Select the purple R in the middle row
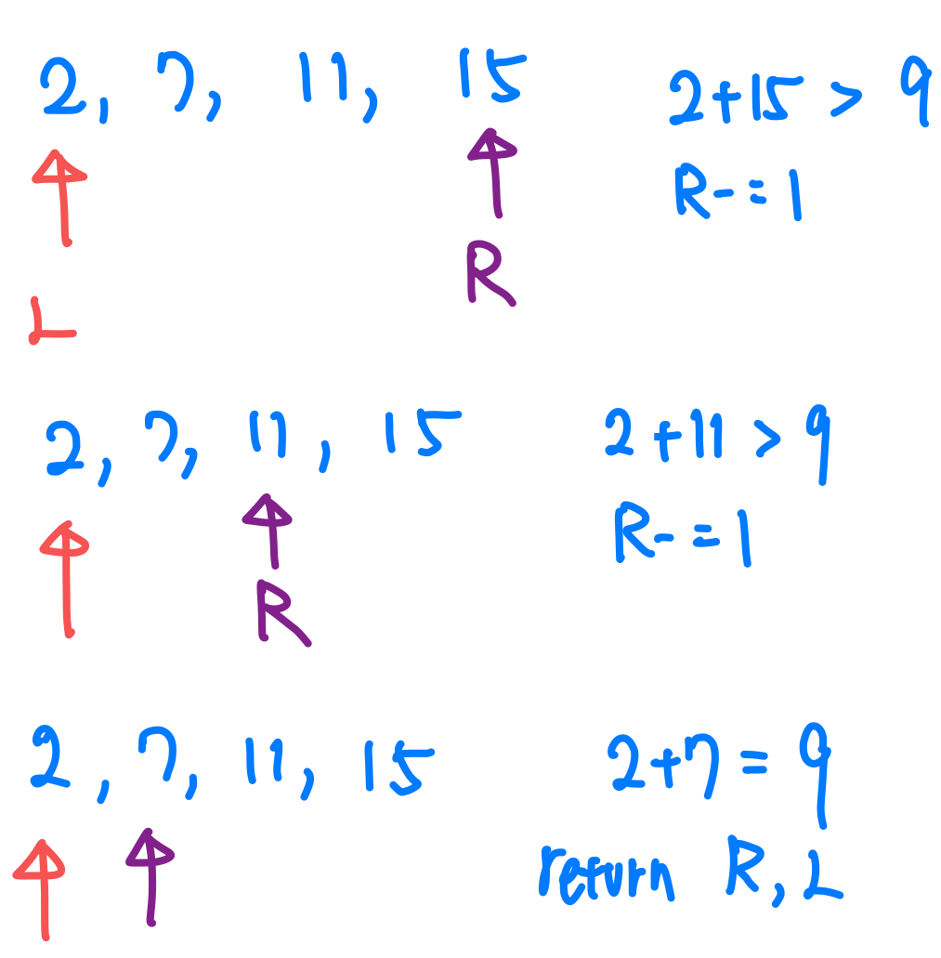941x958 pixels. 281,612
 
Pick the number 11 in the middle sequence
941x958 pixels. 269,437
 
